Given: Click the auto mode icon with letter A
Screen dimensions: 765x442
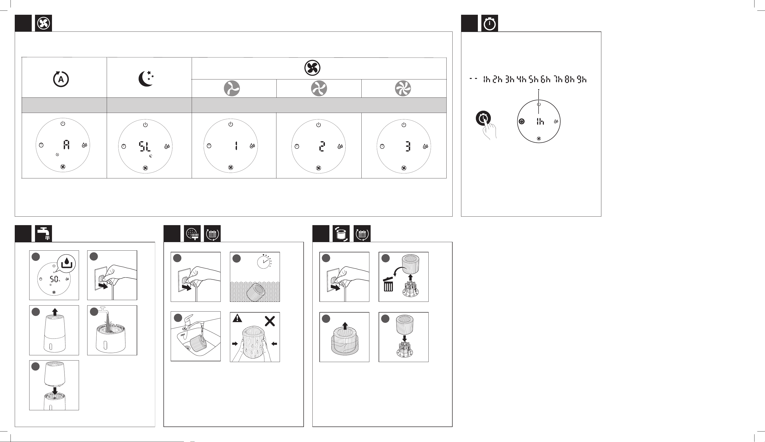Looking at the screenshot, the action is point(61,79).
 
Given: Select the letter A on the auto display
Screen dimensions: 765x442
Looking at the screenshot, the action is point(66,145).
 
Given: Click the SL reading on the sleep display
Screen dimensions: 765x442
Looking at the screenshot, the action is point(144,147).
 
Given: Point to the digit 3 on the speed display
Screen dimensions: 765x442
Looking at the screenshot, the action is point(408,146).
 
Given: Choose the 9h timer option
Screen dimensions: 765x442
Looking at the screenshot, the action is point(582,79).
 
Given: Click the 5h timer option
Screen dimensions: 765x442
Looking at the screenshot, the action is point(533,79).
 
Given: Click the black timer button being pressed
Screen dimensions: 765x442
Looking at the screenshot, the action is point(483,118).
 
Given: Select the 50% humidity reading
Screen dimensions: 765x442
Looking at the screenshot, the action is point(55,279).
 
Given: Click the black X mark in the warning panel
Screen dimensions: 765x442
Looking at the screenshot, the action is point(270,321).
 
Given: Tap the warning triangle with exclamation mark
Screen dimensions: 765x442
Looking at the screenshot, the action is point(237,318).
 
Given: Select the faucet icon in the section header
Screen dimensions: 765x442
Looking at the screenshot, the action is point(43,233).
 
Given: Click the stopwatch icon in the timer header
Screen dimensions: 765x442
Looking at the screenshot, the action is point(489,23).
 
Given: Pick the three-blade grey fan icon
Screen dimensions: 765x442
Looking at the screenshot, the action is point(232,88).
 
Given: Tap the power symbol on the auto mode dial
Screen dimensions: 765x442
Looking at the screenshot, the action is point(62,123).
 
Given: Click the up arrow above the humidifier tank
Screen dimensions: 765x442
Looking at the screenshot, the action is point(55,312).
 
